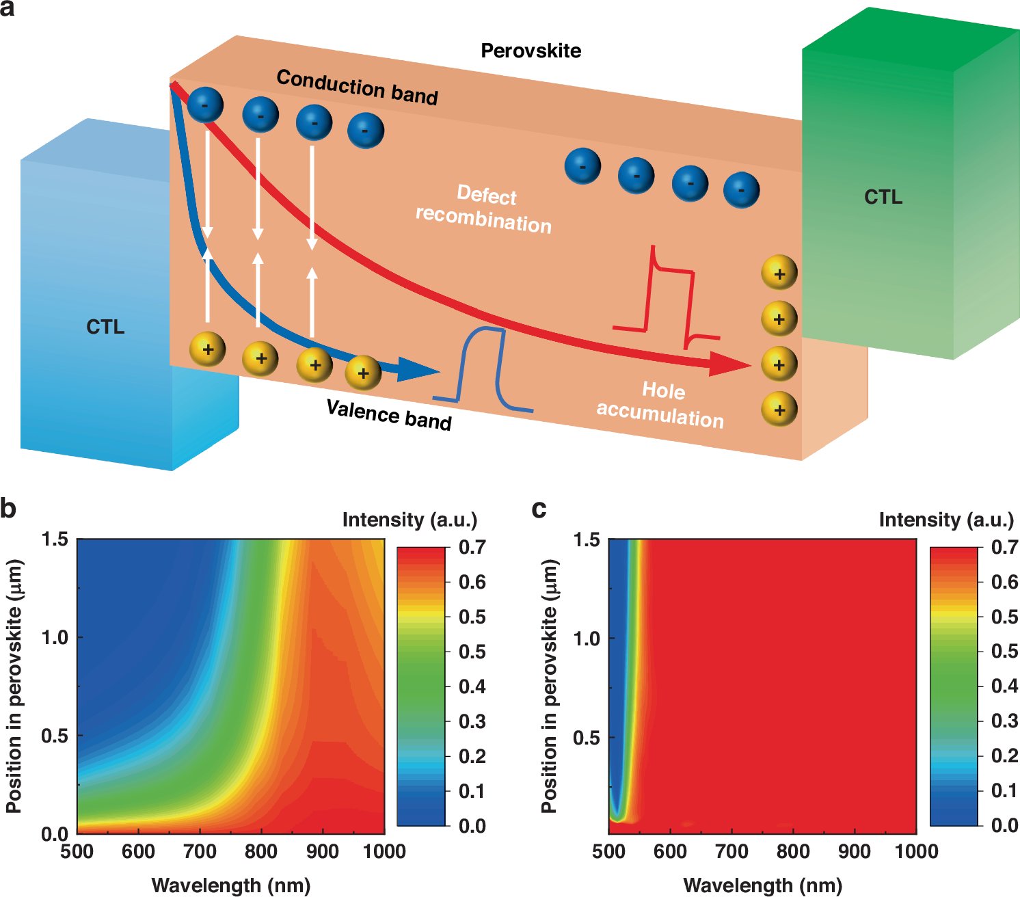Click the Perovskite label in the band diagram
coord(531,51)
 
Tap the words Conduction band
coord(357,88)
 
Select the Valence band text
coord(389,414)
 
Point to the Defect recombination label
coord(485,210)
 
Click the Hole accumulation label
coord(660,405)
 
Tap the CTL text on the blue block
coord(105,327)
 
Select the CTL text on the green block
coord(883,198)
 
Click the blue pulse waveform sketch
coord(483,369)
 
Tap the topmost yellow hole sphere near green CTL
coord(779,273)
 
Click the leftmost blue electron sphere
coord(205,105)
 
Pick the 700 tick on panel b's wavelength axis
coord(200,851)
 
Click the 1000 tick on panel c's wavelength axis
coord(916,851)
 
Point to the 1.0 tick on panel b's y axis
coord(55,637)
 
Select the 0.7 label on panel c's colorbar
coord(1004,547)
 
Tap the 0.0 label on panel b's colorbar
coord(472,826)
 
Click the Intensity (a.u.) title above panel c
coord(945,520)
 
